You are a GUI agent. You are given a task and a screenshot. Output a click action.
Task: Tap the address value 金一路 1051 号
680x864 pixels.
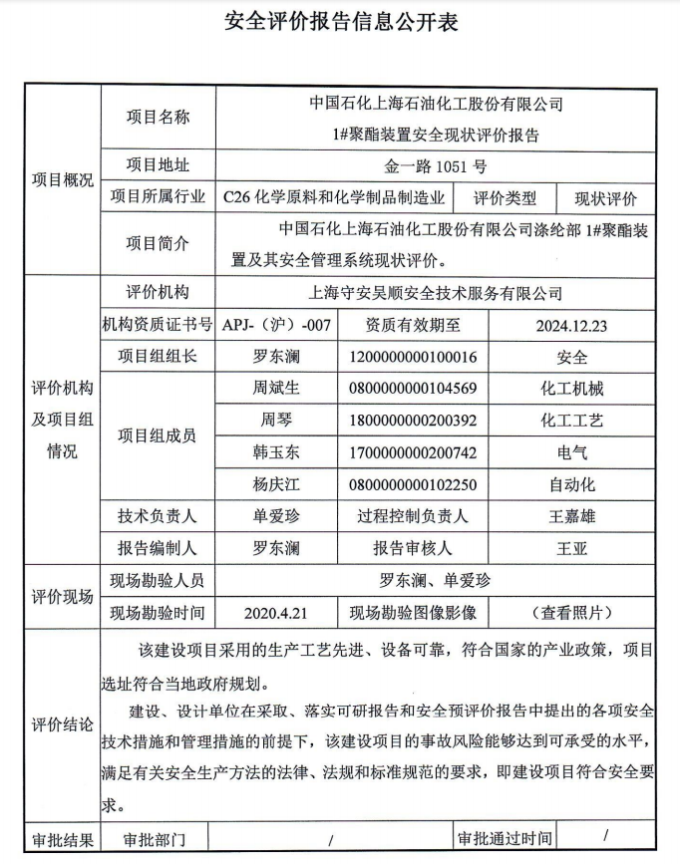pos(436,167)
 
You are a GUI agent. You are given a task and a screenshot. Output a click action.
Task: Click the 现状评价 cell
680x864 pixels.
pos(605,198)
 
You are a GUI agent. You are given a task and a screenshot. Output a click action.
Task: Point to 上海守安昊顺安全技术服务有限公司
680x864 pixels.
pos(436,293)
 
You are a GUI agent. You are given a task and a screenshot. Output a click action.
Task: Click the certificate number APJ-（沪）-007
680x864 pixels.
pos(276,324)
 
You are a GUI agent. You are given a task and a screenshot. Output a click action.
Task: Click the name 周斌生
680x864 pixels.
pos(276,388)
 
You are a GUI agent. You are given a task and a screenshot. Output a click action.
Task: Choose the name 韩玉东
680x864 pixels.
pos(276,452)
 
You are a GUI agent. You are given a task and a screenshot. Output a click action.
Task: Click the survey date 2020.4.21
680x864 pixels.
pos(276,612)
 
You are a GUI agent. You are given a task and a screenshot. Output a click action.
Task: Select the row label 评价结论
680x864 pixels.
pos(63,724)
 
